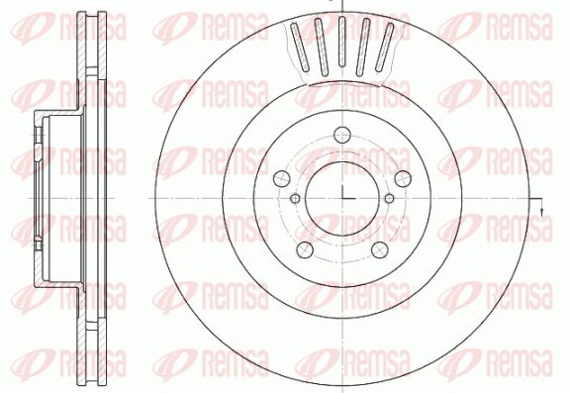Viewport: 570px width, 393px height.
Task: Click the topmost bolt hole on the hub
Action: pos(342,136)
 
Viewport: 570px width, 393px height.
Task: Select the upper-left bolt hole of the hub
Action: pos(282,178)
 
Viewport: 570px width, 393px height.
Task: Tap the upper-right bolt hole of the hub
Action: pos(403,178)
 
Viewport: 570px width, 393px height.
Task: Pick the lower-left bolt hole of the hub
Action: pos(305,249)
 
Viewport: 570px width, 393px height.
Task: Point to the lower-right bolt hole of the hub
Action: pos(380,249)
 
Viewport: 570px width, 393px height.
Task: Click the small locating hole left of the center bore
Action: pos(296,199)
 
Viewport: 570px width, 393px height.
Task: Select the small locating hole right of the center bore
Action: pos(389,199)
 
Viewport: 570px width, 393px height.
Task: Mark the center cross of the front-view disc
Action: pos(342,198)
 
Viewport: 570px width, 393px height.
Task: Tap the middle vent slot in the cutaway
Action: pos(341,42)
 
